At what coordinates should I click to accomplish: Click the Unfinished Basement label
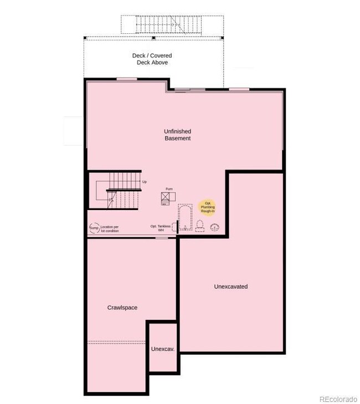(x=177, y=135)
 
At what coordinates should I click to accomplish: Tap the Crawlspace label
(x=122, y=308)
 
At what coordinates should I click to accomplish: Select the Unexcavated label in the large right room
(x=230, y=287)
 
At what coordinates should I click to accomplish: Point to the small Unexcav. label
(x=163, y=349)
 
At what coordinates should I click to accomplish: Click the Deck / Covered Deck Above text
(x=152, y=59)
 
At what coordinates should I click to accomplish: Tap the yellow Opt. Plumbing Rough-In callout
(x=208, y=207)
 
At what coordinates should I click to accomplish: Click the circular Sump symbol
(x=94, y=228)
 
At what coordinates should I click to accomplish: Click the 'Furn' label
(x=168, y=189)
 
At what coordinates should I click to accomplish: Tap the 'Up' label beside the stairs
(x=145, y=181)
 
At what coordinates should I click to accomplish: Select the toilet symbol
(x=199, y=226)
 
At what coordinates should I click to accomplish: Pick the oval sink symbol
(x=214, y=227)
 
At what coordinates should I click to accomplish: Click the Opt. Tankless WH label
(x=161, y=228)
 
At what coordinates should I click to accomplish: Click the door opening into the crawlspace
(x=161, y=238)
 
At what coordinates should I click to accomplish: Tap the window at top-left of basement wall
(x=127, y=79)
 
